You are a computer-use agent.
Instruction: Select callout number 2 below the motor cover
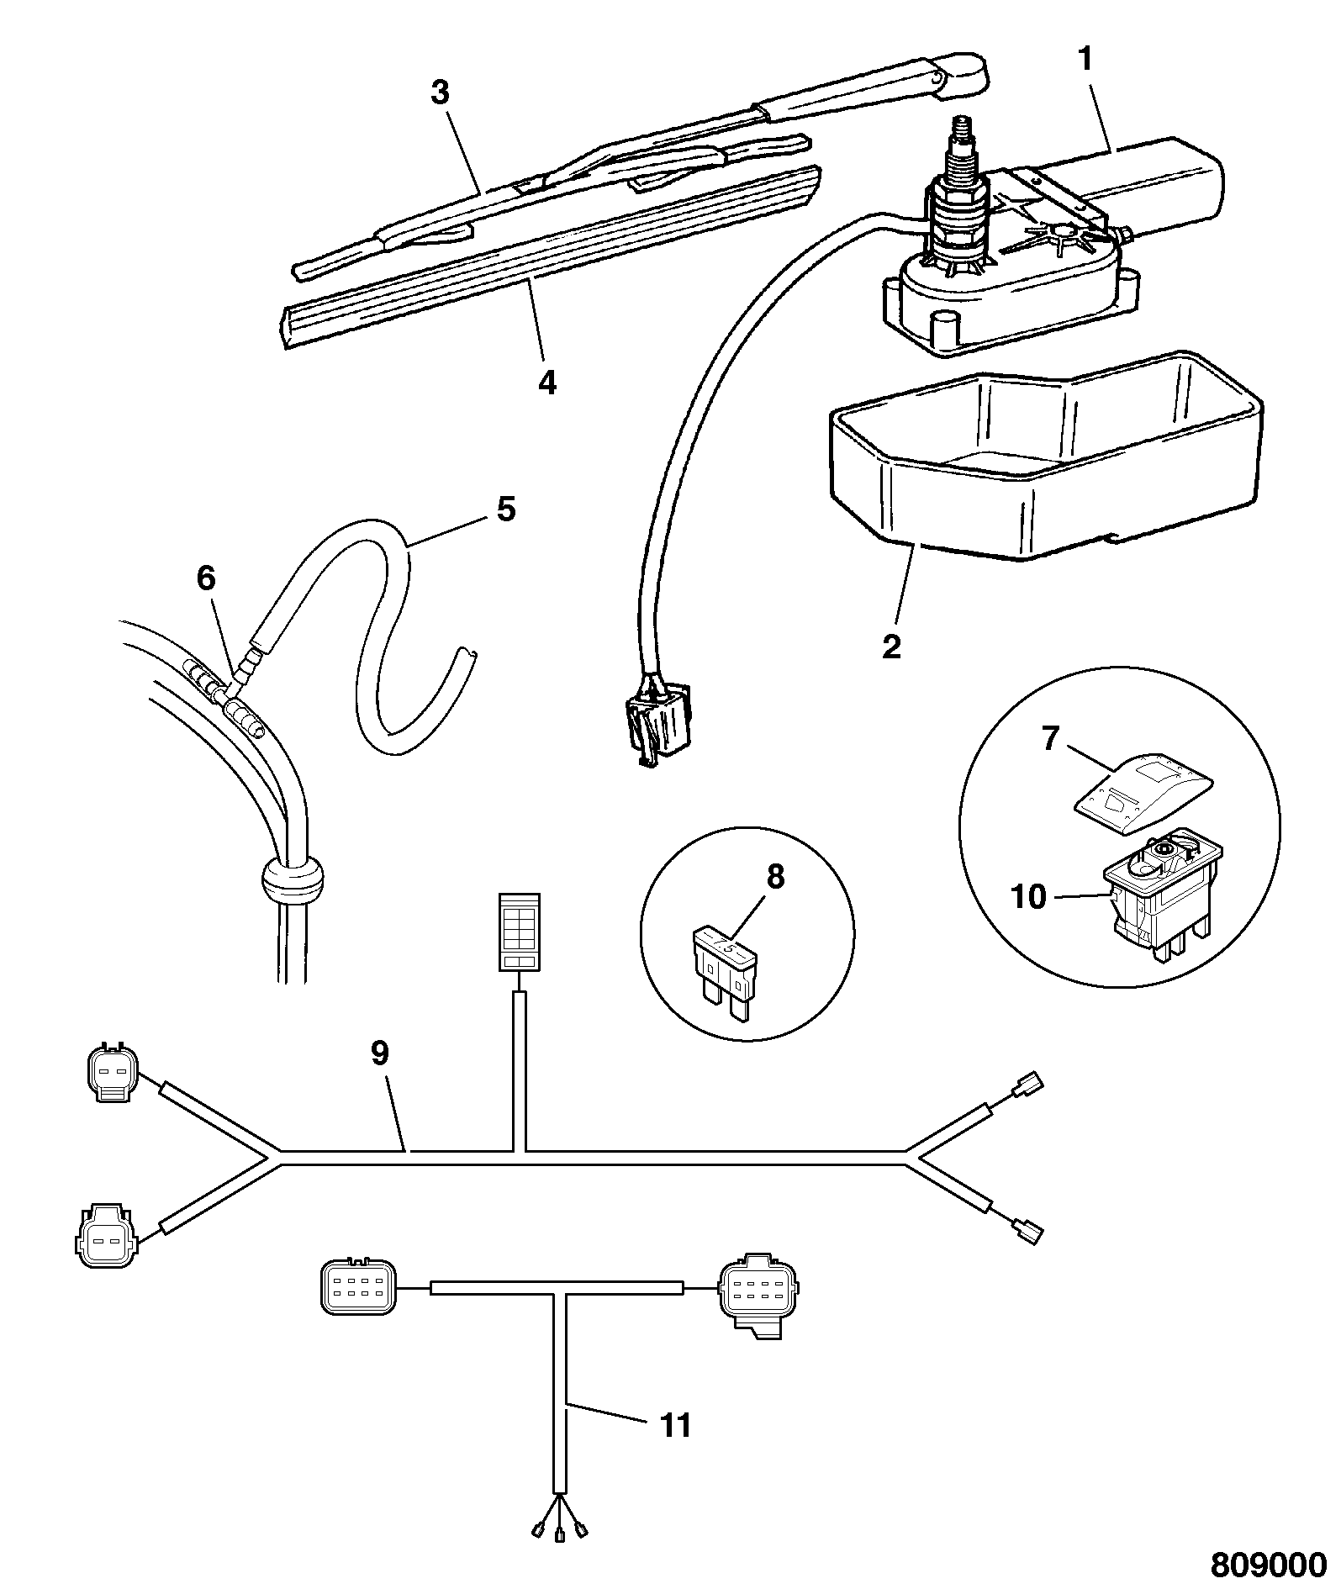[892, 646]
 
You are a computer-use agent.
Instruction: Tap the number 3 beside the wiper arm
[441, 92]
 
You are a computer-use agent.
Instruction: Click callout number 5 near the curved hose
[505, 509]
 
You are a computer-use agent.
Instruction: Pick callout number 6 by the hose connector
[206, 579]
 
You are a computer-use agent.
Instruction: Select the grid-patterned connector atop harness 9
[520, 932]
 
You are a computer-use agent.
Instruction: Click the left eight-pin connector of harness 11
[357, 1285]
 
